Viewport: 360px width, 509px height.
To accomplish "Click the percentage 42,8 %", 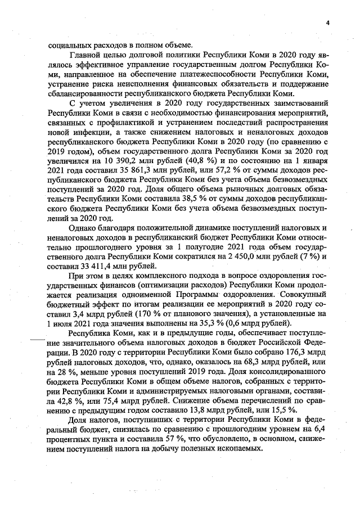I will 60,406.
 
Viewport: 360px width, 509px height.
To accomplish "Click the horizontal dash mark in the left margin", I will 39,340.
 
